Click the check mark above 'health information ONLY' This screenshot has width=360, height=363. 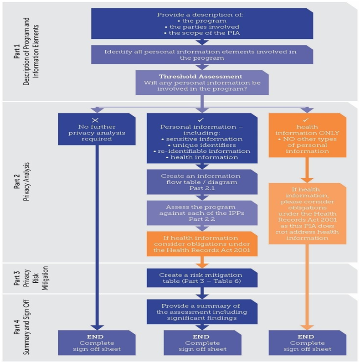tap(305, 119)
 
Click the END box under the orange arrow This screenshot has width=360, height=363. tap(305, 342)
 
